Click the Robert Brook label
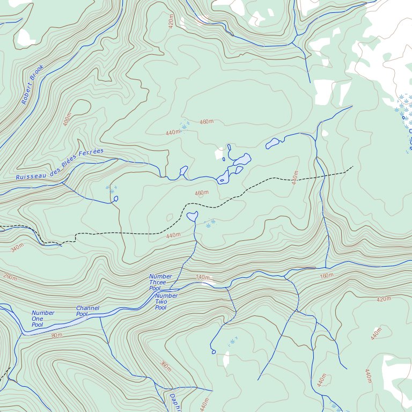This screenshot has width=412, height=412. coord(32,85)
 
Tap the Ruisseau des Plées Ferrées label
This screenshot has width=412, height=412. coord(59,164)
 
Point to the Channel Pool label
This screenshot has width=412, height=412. coord(87,311)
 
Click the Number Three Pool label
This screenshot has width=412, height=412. coord(160,282)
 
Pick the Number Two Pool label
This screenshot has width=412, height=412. coord(166,301)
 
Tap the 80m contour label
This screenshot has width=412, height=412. coord(57,335)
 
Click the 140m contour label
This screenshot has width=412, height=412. coord(203,277)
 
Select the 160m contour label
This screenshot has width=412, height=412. coord(326,276)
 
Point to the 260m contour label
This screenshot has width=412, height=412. coord(10,277)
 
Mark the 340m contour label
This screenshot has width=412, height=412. coord(17,248)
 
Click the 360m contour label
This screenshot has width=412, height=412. coord(165,366)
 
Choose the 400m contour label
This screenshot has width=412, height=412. coord(67,120)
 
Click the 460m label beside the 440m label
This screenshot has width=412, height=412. coord(207,122)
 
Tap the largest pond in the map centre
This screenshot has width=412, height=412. coord(241,160)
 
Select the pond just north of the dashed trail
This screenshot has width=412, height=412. coord(192,216)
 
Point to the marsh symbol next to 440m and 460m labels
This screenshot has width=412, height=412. coord(185,127)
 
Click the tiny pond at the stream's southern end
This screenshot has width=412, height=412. coord(214,352)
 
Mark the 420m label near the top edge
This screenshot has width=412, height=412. coord(171,22)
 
